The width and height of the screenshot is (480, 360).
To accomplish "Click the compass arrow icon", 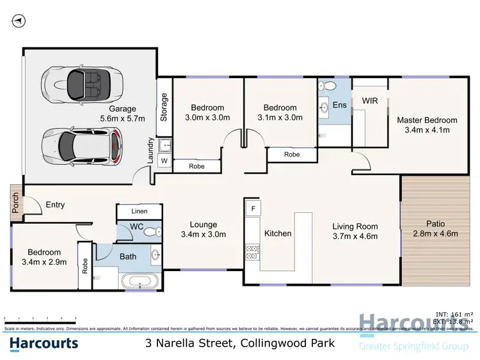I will (x=19, y=21).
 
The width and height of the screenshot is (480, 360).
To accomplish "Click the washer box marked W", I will (x=164, y=160).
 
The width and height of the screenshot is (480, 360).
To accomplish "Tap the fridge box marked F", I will (x=253, y=209).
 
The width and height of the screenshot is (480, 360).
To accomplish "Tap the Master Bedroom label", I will (x=427, y=125).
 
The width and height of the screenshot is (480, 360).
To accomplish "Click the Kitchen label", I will (x=278, y=233).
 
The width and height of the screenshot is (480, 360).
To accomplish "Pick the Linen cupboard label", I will (x=139, y=211).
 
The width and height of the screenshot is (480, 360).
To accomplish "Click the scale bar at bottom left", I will (x=40, y=318).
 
